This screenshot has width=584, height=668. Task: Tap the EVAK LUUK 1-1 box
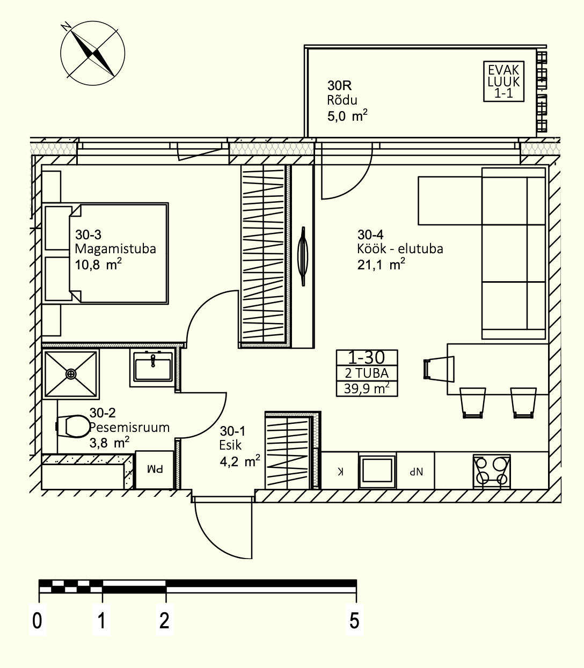pyautogui.click(x=503, y=82)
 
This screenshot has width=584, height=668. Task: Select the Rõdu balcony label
pyautogui.click(x=342, y=100)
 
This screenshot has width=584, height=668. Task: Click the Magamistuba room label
pyautogui.click(x=115, y=249)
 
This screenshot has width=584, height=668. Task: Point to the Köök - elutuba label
pyautogui.click(x=400, y=249)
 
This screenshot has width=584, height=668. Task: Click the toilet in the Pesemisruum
pyautogui.click(x=73, y=427)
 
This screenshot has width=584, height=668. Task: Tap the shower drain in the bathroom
pyautogui.click(x=71, y=374)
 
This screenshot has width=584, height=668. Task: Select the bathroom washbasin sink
pyautogui.click(x=153, y=370)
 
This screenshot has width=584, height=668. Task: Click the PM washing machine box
pyautogui.click(x=155, y=470)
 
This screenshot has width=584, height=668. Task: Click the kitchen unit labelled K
pyautogui.click(x=340, y=471)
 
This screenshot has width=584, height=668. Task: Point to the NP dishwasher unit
pyautogui.click(x=416, y=471)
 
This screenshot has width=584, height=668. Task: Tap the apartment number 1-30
pyautogui.click(x=367, y=357)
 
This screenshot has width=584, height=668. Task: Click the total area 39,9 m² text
pyautogui.click(x=367, y=388)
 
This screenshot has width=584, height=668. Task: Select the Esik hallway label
pyautogui.click(x=231, y=445)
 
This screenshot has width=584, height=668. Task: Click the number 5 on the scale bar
pyautogui.click(x=355, y=621)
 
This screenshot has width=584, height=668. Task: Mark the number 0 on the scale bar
pyautogui.click(x=37, y=621)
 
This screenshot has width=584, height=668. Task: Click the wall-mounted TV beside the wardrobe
pyautogui.click(x=303, y=256)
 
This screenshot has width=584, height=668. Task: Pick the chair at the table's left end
pyautogui.click(x=439, y=369)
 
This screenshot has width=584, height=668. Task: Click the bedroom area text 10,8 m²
pyautogui.click(x=98, y=264)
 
